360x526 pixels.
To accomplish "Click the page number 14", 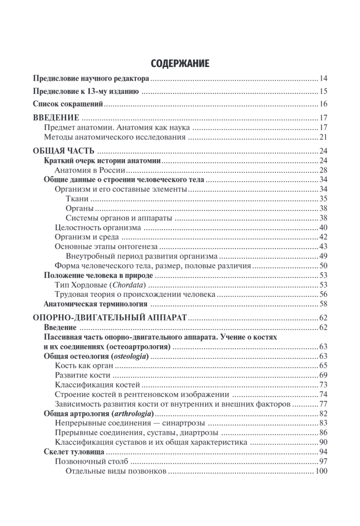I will pos(323,79).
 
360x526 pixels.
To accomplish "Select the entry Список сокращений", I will pos(68,104).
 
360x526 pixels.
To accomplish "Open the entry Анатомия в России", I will pos(91,170).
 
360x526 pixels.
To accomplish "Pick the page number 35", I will pos(323,199).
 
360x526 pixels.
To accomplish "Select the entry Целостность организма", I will pos(98,227).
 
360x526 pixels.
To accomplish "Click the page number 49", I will pos(323,256).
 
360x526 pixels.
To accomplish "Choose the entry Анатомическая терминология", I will pos(95,304).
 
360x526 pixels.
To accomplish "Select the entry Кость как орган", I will pos(84,366).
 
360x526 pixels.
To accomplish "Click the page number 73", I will pos(323,385).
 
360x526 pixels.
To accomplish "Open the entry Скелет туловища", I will pos(74,452).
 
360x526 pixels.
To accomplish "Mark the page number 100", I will pos(321,471).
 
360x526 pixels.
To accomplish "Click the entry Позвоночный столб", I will pos(91,462).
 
